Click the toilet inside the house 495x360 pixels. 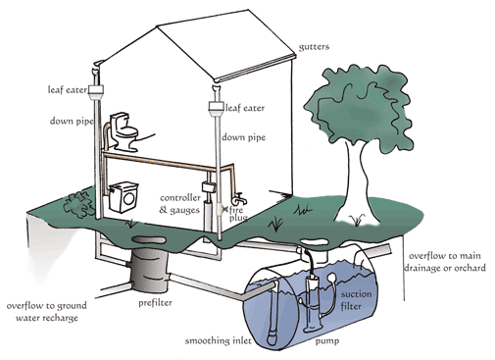pyautogui.click(x=124, y=131)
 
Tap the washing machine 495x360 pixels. pyautogui.click(x=124, y=197)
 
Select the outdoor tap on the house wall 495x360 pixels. pyautogui.click(x=239, y=198)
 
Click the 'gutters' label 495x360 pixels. pyautogui.click(x=314, y=47)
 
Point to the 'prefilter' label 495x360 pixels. pyautogui.click(x=155, y=303)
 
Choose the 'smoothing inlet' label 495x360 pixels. pyautogui.click(x=219, y=340)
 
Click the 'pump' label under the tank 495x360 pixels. pyautogui.click(x=326, y=341)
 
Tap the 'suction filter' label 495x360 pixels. pyautogui.click(x=356, y=300)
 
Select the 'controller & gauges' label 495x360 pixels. pyautogui.click(x=180, y=204)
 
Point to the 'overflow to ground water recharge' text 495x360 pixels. pyautogui.click(x=47, y=312)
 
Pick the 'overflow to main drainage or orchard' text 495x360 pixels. pyautogui.click(x=445, y=262)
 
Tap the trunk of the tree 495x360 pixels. pyautogui.click(x=356, y=183)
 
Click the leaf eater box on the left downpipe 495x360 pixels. pyautogui.click(x=96, y=92)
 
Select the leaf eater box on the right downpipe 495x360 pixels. pyautogui.click(x=217, y=109)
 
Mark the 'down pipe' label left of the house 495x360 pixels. pyautogui.click(x=72, y=121)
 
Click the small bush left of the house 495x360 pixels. pyautogui.click(x=78, y=205)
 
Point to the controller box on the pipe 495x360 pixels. pyautogui.click(x=208, y=187)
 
